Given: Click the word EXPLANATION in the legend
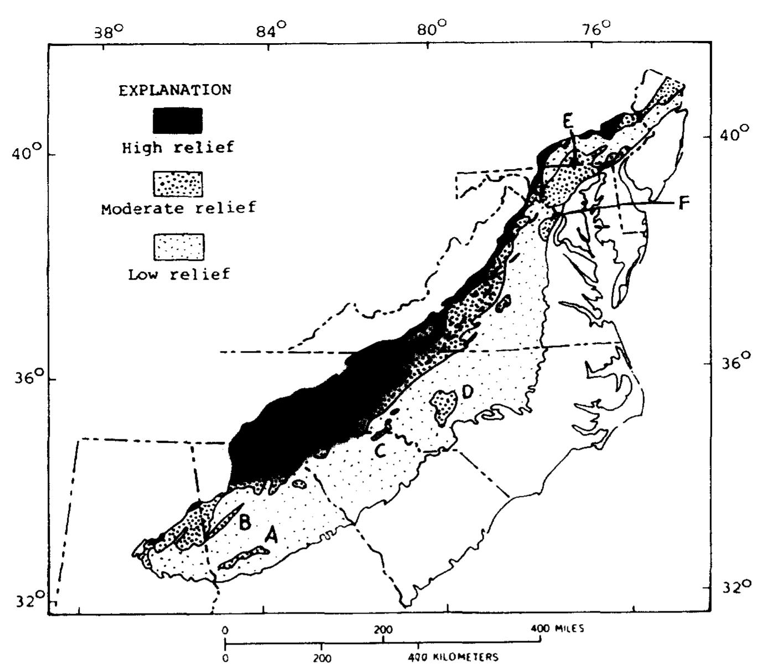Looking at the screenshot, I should (175, 90).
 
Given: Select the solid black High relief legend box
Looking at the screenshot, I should (178, 121).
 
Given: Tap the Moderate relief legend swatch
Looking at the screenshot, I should (178, 184).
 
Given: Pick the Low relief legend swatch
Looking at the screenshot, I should (178, 247).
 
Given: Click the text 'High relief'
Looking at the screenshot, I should (178, 148).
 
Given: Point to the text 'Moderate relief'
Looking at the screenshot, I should (178, 208).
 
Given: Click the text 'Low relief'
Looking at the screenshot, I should (178, 274).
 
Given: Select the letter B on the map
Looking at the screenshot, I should (245, 521).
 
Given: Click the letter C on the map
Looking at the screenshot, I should (380, 451).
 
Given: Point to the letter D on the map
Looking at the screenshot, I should (467, 392).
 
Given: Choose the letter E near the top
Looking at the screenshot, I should (568, 121).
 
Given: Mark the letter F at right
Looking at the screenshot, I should (684, 203).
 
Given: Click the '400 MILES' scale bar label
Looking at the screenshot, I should (556, 629).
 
